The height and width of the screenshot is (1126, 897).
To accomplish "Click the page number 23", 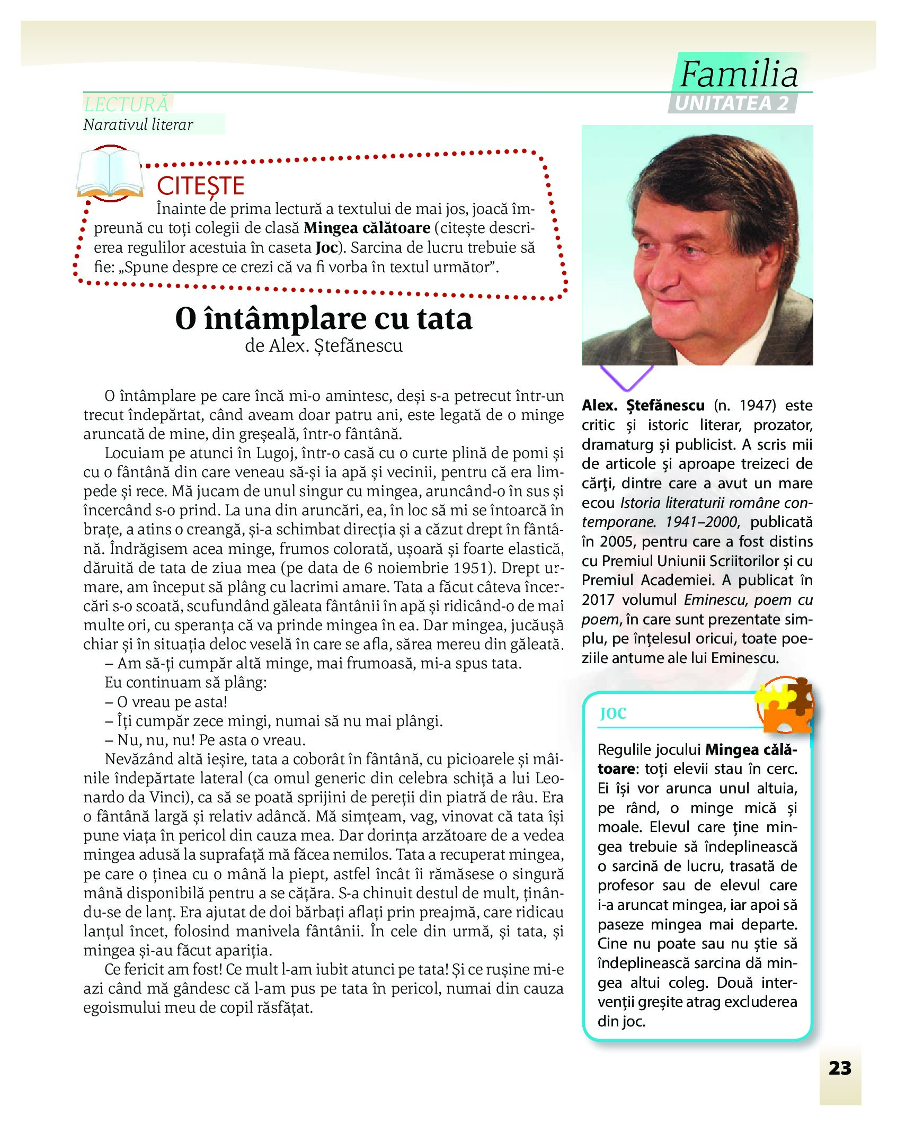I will [840, 1068].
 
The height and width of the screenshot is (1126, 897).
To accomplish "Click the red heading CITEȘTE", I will [200, 186].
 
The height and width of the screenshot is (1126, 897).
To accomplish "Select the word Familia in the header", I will [739, 74].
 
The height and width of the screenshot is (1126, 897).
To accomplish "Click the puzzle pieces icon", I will [785, 705].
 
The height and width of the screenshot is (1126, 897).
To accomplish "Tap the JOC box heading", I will [613, 713].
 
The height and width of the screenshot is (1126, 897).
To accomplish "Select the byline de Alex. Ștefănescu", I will [323, 346].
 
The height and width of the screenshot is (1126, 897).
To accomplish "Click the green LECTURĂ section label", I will [127, 104].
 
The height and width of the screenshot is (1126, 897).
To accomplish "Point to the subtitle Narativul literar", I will [138, 125].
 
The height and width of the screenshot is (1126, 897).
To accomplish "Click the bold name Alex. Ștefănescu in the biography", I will [643, 406].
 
